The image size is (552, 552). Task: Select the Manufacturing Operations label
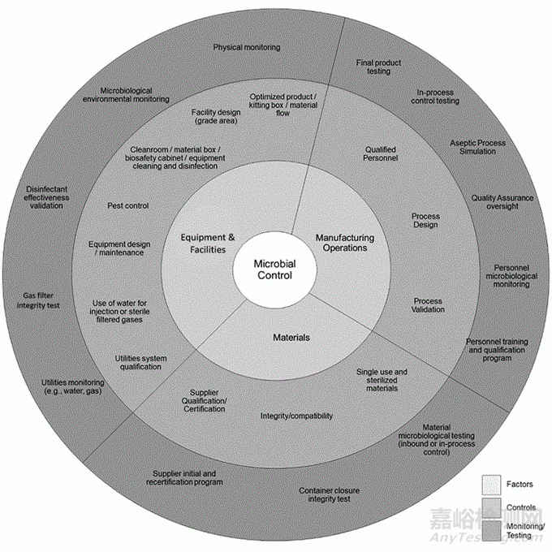344,243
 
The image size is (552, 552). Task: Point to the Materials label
290,337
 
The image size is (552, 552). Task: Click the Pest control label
128,205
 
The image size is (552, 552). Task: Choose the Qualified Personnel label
381,153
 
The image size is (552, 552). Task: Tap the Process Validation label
428,305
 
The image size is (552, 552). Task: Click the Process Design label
425,221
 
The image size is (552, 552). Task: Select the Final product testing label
373,67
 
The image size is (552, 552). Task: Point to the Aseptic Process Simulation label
477,147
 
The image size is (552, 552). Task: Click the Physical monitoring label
247,47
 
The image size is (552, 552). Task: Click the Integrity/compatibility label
296,416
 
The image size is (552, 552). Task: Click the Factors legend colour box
490,484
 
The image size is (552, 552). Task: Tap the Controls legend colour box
490,507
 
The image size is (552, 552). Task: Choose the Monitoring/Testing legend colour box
490,529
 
